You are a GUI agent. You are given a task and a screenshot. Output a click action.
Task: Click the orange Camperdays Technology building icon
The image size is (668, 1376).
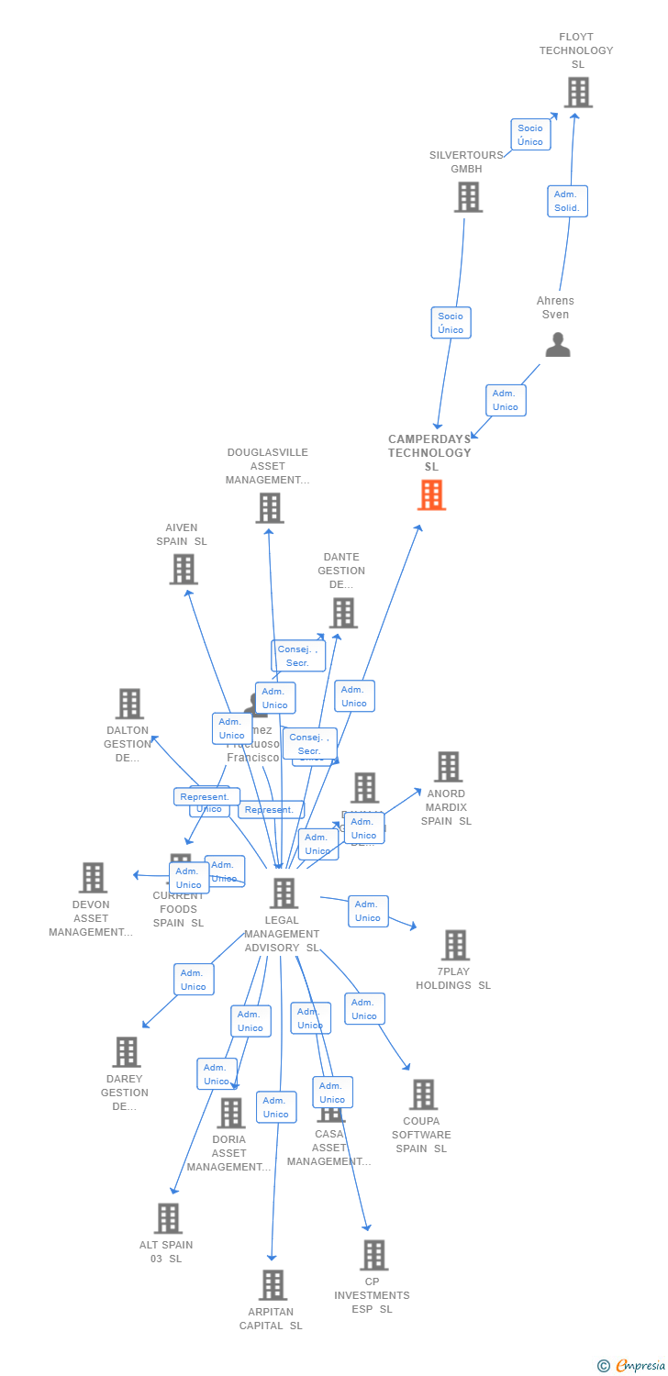(431, 495)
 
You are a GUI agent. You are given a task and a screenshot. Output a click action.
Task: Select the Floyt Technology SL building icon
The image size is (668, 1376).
(577, 93)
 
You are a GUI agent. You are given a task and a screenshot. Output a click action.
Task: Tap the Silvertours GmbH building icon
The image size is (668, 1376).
(468, 197)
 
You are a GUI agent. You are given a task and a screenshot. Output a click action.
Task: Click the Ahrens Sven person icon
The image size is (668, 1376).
(557, 345)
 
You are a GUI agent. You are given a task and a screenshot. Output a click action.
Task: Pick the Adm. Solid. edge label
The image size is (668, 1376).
(567, 201)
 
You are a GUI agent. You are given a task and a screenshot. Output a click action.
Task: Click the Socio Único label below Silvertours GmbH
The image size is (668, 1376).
(451, 323)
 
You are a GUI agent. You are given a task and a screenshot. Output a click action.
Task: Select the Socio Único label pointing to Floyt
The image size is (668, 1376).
(529, 135)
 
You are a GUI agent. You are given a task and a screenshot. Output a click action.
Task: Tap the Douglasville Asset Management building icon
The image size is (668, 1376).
(269, 508)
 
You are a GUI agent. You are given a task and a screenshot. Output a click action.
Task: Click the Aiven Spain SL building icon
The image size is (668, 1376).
(184, 570)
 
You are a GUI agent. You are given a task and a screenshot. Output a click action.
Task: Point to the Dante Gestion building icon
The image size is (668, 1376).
(343, 613)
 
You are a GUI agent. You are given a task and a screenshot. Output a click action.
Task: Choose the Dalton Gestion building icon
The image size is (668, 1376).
(129, 705)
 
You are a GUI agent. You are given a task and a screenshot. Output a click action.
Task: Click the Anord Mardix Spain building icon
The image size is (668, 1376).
(448, 767)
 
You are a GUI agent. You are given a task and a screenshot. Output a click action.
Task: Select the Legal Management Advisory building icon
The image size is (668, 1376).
(284, 893)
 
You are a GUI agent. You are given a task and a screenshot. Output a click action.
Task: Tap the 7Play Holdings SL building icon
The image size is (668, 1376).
(455, 945)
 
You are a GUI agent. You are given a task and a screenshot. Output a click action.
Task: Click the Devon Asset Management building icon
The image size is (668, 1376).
(93, 878)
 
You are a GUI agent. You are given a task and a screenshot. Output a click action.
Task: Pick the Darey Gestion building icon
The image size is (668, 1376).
(126, 1052)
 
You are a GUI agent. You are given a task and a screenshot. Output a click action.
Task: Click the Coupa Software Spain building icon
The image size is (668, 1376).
(423, 1094)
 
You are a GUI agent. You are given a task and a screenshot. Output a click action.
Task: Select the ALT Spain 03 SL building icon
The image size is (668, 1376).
(168, 1218)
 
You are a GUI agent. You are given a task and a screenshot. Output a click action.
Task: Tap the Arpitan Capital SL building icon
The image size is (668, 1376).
(273, 1285)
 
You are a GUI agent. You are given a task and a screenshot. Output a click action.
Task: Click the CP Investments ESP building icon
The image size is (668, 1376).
(373, 1255)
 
